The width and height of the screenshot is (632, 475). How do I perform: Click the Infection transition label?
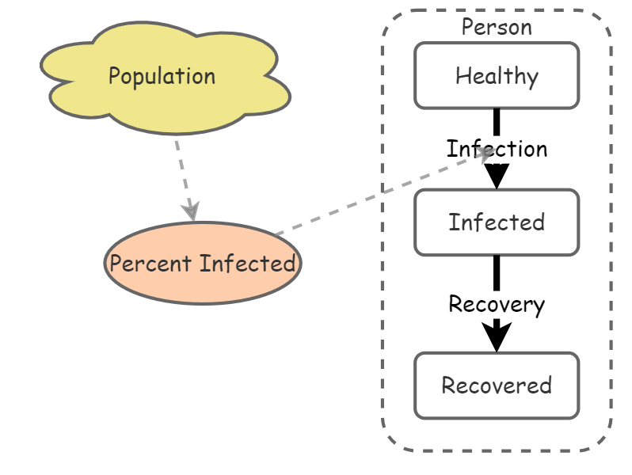(497, 149)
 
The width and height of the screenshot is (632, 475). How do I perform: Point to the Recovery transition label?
(497, 304)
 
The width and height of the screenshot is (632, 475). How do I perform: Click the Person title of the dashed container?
(497, 27)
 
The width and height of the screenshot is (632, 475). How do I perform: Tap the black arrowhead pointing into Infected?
(497, 176)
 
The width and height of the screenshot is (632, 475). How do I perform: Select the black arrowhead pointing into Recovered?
(497, 339)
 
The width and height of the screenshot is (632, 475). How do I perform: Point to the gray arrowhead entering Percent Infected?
(190, 211)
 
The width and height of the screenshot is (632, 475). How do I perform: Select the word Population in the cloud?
(162, 76)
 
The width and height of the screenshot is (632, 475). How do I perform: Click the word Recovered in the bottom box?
(497, 386)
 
